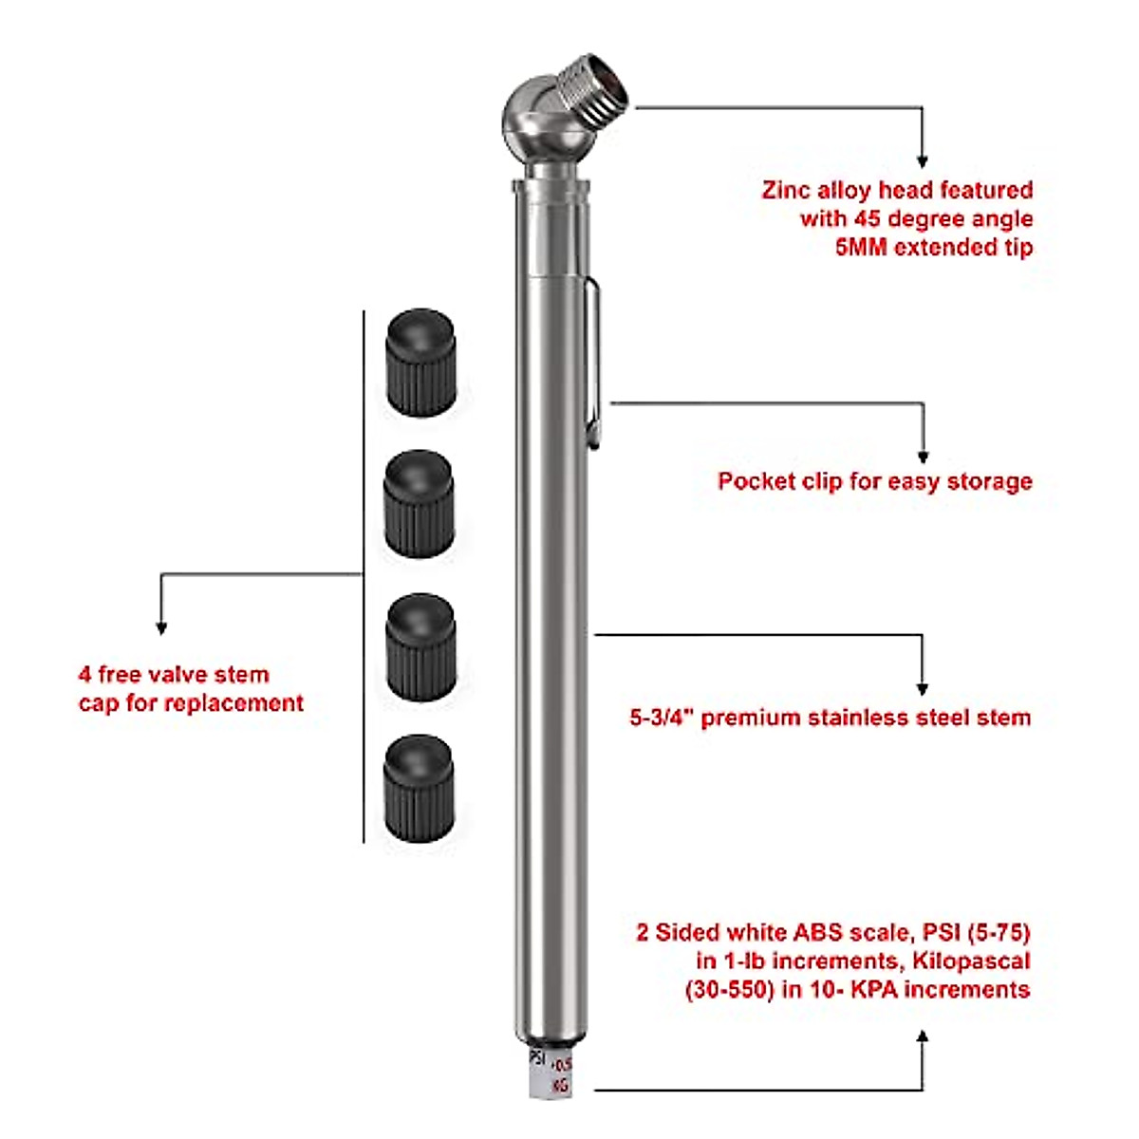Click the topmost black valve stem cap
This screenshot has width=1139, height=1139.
(x=420, y=362)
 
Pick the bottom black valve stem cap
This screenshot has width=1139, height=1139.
(x=419, y=788)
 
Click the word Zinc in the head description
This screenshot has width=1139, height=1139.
(x=786, y=190)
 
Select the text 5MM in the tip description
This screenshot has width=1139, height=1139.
(x=861, y=248)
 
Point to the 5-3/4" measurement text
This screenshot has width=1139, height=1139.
(x=663, y=718)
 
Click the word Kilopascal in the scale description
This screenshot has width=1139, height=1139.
(x=971, y=961)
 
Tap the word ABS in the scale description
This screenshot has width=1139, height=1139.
(x=829, y=932)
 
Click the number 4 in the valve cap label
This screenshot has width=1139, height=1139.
(x=85, y=675)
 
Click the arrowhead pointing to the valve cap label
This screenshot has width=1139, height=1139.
(x=161, y=627)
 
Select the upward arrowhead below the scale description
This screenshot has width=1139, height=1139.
(x=922, y=1037)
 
